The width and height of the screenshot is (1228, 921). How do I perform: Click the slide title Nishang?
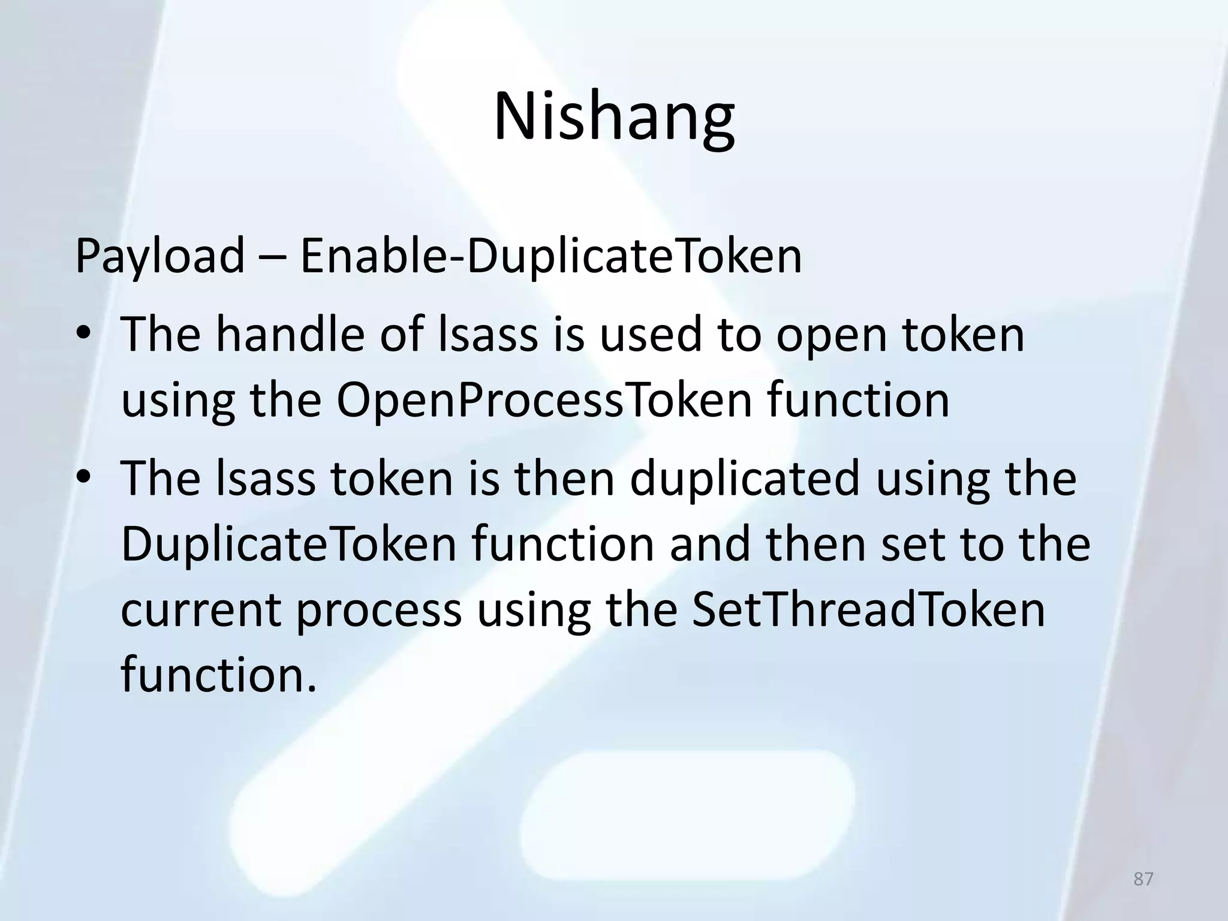point(613,116)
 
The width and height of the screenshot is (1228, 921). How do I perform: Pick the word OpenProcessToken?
point(543,401)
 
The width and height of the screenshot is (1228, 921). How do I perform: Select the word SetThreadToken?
point(868,610)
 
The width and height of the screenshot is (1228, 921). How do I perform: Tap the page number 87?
point(1143,879)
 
